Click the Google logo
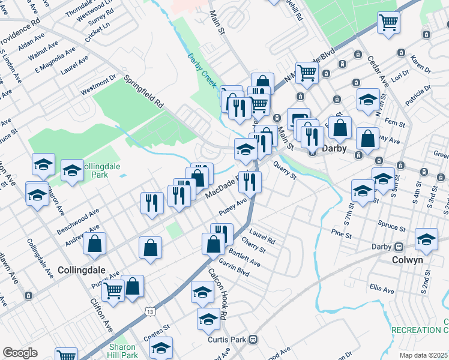point(20,353)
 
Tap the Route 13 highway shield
point(149,310)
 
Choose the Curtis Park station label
point(227,340)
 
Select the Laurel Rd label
point(262,238)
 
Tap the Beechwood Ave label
point(77,218)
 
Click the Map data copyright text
point(423,355)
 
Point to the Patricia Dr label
point(418,95)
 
